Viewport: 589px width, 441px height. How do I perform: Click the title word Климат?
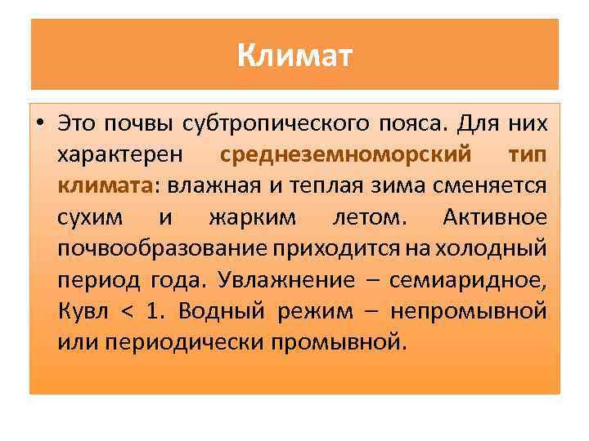[294, 56]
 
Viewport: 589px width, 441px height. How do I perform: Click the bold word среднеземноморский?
[335, 154]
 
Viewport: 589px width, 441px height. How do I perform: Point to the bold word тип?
[526, 154]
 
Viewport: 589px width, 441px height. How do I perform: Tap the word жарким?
[246, 217]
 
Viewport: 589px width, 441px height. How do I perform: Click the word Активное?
[493, 217]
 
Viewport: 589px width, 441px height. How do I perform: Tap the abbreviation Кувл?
[83, 310]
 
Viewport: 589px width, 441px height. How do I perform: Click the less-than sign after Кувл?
[126, 311]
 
